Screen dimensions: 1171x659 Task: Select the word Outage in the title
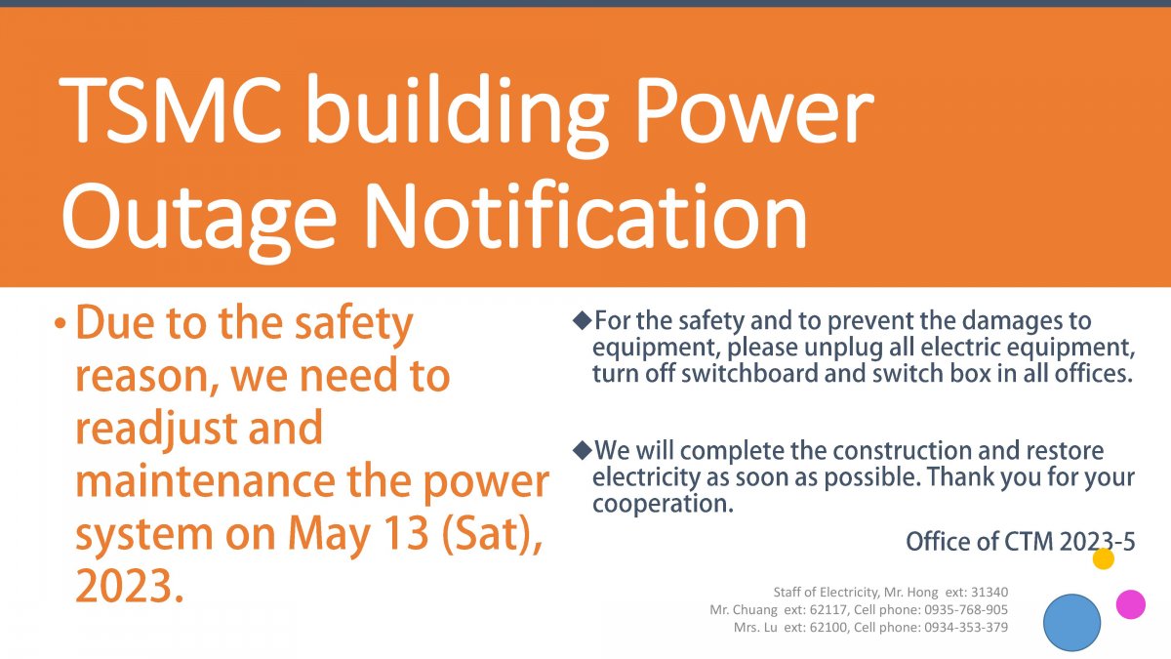tap(199, 222)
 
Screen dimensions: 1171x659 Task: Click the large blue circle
tap(1071, 623)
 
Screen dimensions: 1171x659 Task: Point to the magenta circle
tap(1131, 604)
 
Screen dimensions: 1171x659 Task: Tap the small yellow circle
tap(1103, 558)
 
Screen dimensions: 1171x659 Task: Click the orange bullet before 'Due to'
tap(61, 323)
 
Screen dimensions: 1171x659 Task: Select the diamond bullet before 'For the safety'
tap(582, 320)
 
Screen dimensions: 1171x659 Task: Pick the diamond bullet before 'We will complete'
tap(582, 450)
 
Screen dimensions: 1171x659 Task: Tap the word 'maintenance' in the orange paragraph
tap(206, 481)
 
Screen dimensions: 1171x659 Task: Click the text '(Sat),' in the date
tap(492, 535)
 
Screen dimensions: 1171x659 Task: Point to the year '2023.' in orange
tap(130, 587)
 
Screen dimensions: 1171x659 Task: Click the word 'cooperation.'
tap(663, 504)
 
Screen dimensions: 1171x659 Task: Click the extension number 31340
tap(989, 592)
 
